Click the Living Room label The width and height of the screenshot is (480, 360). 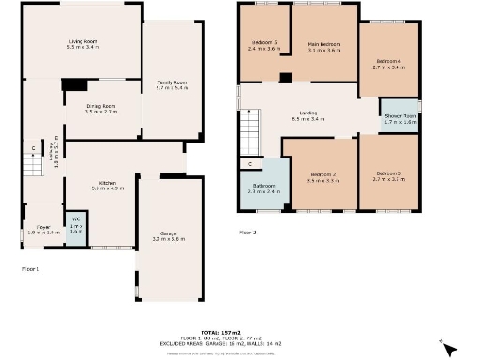[83, 42]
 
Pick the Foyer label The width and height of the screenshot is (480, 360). [44, 227]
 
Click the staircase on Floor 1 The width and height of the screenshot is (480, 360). [34, 158]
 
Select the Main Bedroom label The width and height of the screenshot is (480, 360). [323, 44]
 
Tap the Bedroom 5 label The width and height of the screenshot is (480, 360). [263, 44]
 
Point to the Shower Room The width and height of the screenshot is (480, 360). [399, 117]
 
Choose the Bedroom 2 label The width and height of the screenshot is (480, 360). [323, 174]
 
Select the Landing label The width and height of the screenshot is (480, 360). [308, 114]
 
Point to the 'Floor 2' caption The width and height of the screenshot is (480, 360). [247, 231]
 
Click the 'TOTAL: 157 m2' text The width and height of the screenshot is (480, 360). [239, 333]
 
